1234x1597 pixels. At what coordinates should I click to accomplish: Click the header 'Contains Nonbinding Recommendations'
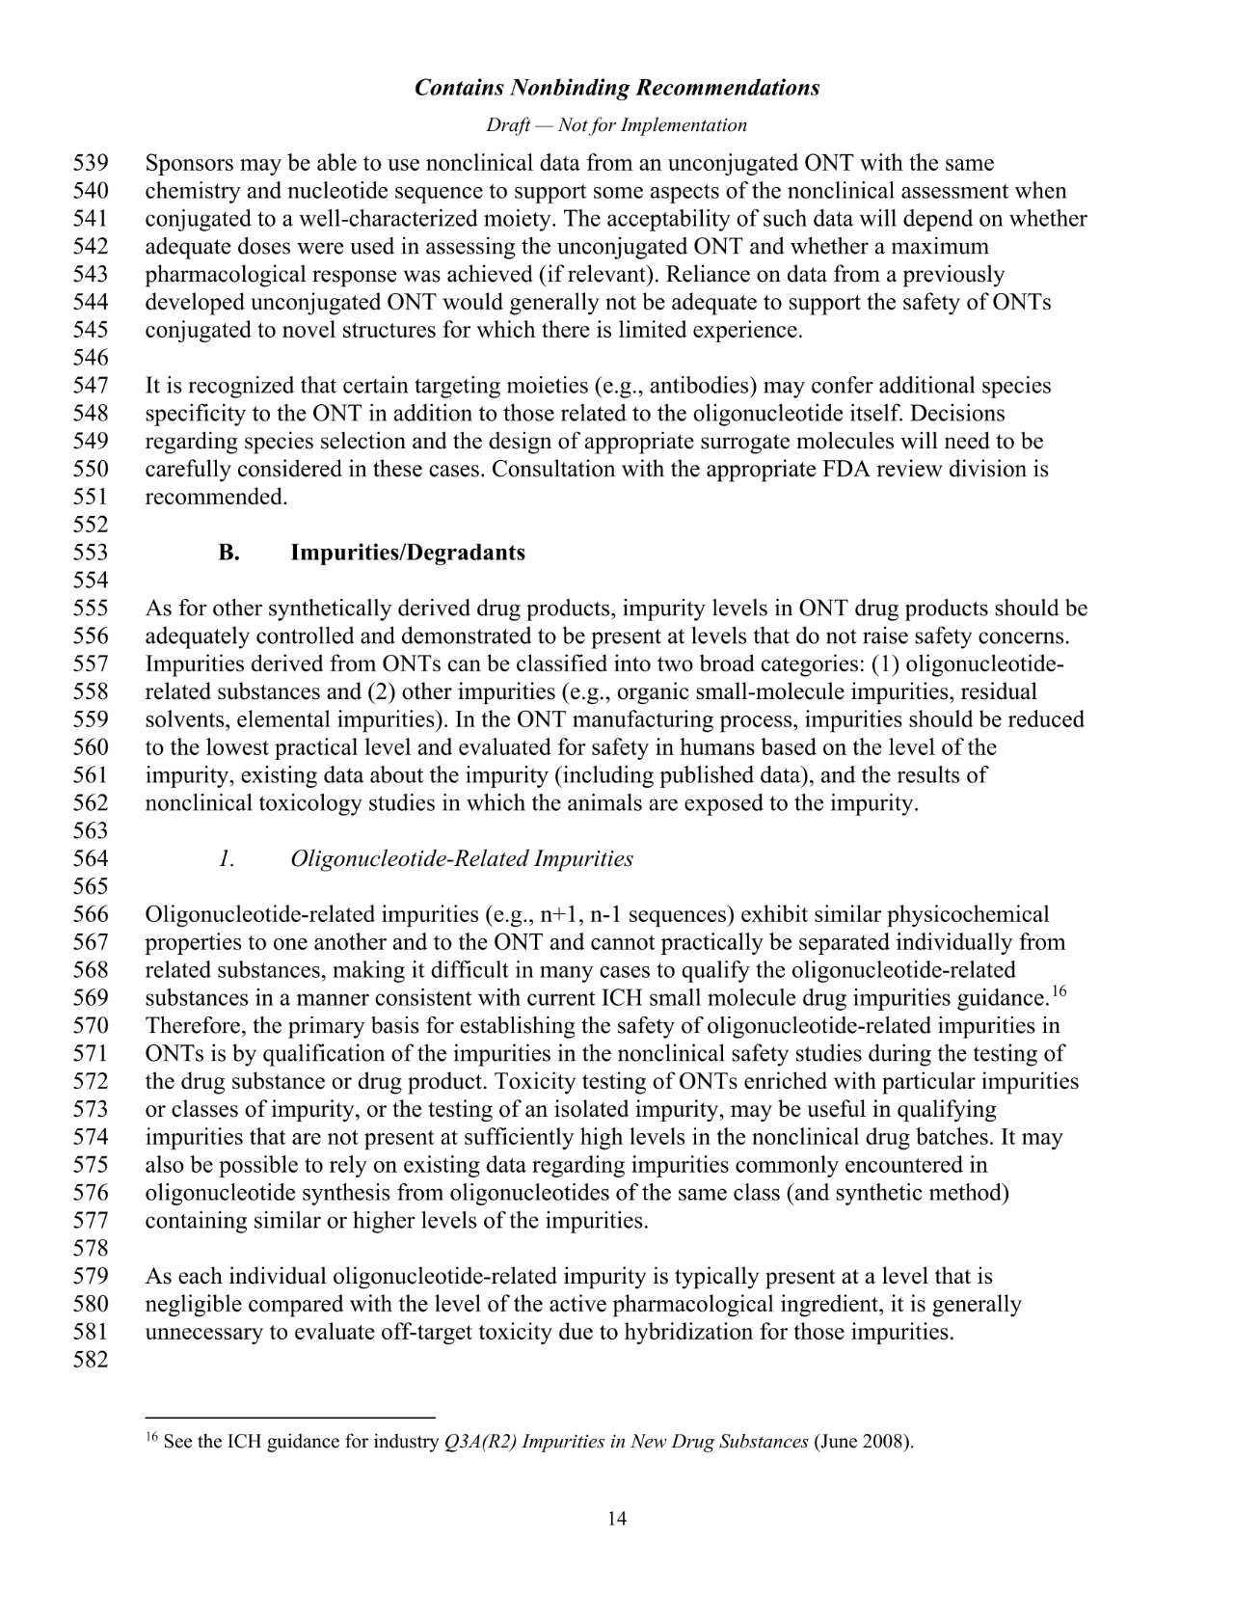pyautogui.click(x=617, y=88)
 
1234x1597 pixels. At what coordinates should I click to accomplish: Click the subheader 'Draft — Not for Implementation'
pyautogui.click(x=616, y=125)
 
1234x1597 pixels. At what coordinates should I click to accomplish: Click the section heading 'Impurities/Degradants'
pyautogui.click(x=408, y=553)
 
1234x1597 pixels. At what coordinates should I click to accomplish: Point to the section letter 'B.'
pyautogui.click(x=228, y=553)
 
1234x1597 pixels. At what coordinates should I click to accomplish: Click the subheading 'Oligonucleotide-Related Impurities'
pyautogui.click(x=462, y=858)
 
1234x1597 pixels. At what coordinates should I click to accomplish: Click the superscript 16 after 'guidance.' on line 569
pyautogui.click(x=1059, y=990)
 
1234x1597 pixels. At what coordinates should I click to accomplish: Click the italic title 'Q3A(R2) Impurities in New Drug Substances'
pyautogui.click(x=627, y=1443)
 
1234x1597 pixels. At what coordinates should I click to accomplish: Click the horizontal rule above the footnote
pyautogui.click(x=290, y=1418)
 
